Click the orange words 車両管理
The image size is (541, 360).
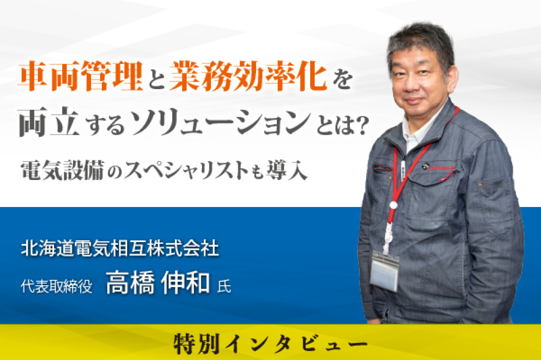pos(81,76)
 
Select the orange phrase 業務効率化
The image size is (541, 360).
pos(248,76)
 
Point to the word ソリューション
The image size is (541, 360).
pos(222,122)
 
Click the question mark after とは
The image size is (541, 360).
pos(360,125)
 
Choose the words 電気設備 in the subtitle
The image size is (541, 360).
pos(62,170)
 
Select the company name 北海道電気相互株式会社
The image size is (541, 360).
pos(120,248)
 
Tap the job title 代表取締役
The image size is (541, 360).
pos(56,286)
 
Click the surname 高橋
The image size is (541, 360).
pos(130,283)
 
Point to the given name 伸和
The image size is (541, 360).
pos(185,283)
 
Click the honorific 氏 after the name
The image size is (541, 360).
pos(224,286)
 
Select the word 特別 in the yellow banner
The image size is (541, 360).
pos(197,343)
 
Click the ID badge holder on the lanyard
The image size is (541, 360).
pos(384,270)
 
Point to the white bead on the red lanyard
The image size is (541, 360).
pos(393,205)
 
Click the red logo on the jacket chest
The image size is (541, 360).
pos(439,167)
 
